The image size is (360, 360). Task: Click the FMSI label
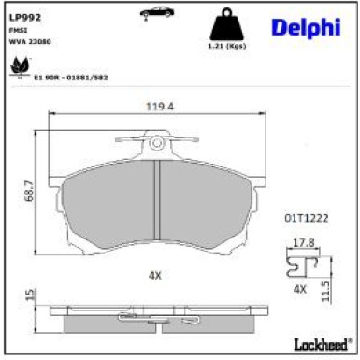pos(18,30)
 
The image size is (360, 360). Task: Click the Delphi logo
pos(303,28)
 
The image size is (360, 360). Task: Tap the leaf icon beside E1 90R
pos(16,65)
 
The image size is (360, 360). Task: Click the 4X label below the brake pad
pos(154,276)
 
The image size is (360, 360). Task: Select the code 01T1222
pos(310,216)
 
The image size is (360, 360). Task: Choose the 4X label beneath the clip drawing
pos(301,290)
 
